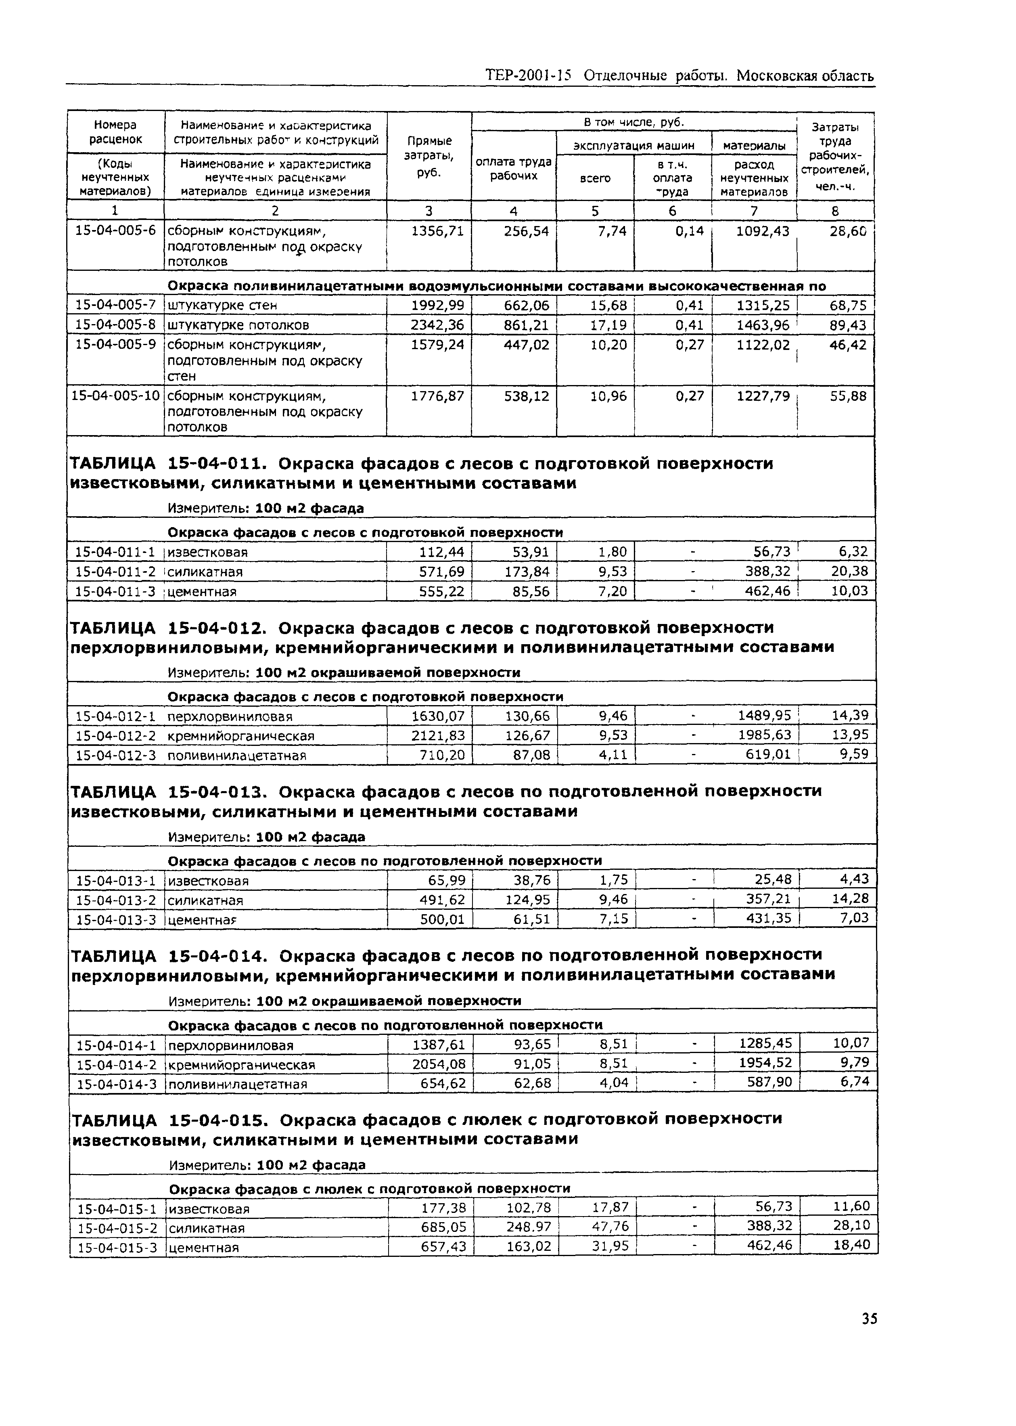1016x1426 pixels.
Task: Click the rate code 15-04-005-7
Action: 115,305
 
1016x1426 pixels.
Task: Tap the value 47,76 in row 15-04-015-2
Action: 610,1228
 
